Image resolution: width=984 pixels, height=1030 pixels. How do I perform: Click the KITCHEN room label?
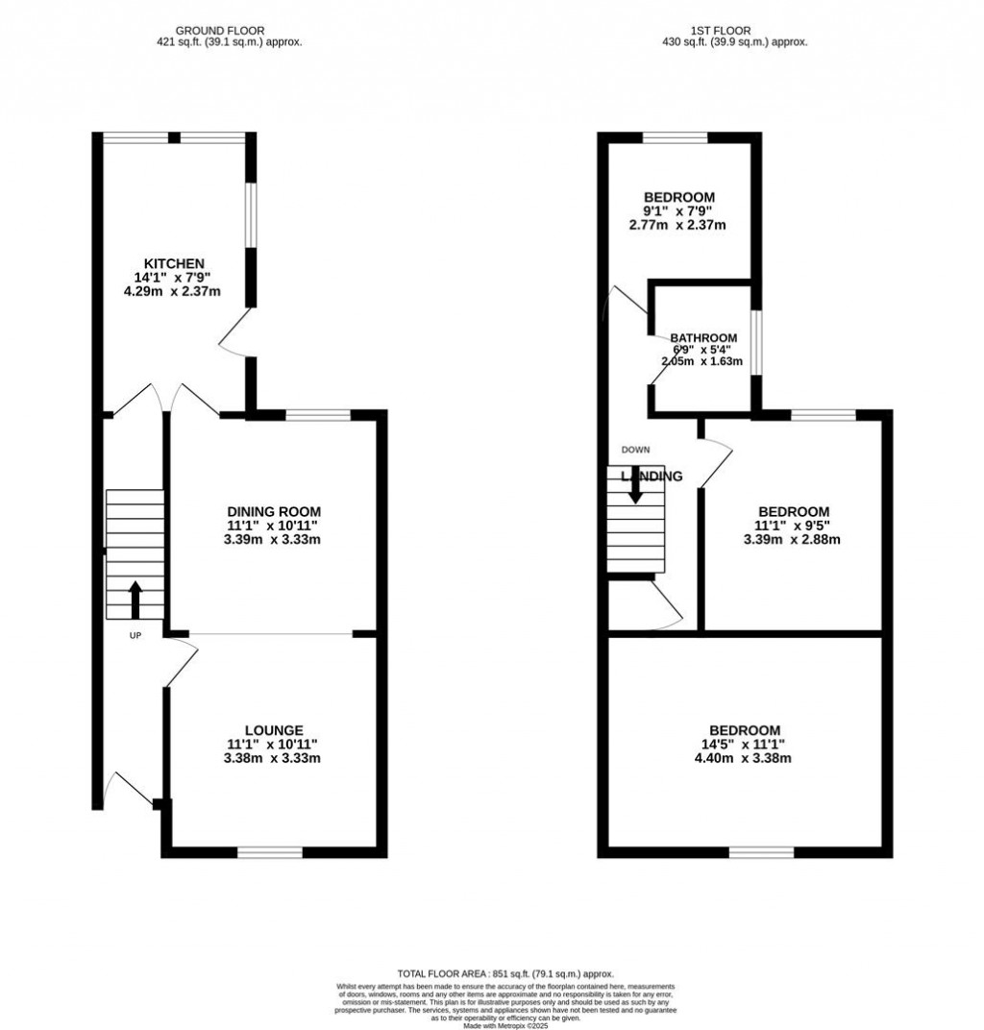point(174,263)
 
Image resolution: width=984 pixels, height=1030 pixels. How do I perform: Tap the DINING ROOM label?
point(274,511)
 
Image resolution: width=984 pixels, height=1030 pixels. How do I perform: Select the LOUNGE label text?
point(274,730)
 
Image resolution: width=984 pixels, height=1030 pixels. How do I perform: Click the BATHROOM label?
point(703,338)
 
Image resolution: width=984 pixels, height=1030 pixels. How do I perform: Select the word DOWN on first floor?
point(635,450)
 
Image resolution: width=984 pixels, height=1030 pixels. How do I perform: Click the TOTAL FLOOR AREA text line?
point(504,973)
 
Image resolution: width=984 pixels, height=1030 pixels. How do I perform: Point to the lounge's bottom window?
point(270,851)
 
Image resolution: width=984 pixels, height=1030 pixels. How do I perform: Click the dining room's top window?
point(318,415)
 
